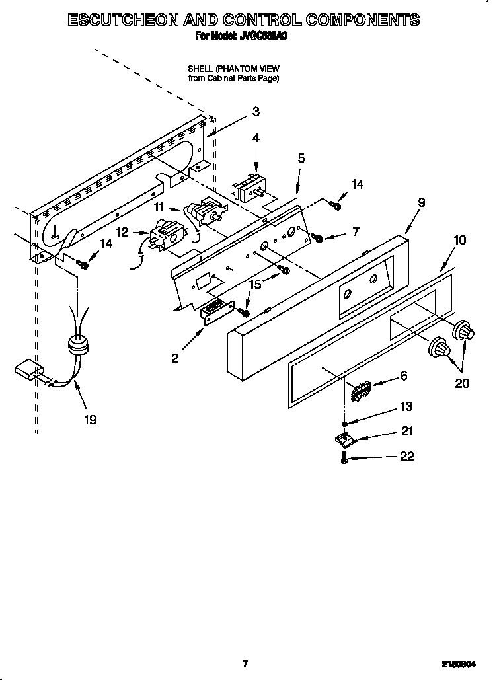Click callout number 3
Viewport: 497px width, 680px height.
click(256, 112)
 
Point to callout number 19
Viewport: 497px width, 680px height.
click(90, 419)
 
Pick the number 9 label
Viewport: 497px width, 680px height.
click(421, 203)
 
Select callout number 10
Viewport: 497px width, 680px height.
click(460, 240)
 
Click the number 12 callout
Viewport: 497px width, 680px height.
click(122, 231)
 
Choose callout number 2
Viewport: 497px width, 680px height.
click(174, 358)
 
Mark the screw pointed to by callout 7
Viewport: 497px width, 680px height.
click(317, 237)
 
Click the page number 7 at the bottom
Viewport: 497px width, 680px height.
click(245, 663)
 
